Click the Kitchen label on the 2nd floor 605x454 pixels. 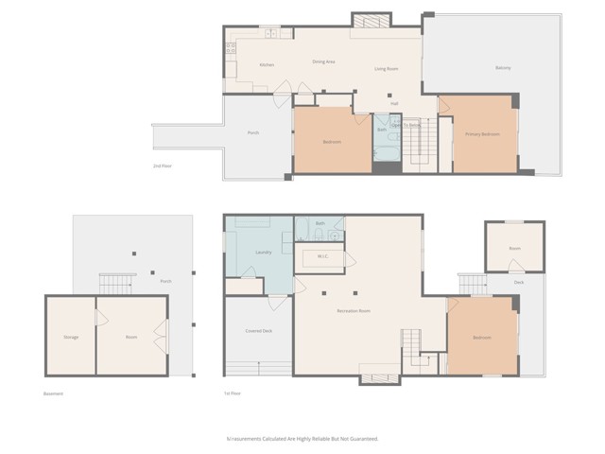point(268,65)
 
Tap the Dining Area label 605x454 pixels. point(324,62)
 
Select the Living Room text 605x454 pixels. point(386,68)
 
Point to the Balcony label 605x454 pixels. point(503,68)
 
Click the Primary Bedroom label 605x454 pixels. point(482,134)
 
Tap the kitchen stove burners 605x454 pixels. point(230,47)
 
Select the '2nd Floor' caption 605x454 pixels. point(163,166)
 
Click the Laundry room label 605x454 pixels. point(265,252)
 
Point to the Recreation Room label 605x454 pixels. point(353,311)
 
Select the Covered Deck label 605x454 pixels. point(259,331)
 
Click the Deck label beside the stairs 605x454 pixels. point(519,282)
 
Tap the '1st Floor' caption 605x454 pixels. point(233,393)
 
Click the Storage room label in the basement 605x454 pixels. point(71,337)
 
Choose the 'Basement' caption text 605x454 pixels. point(54,393)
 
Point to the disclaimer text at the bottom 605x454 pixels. point(302,439)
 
